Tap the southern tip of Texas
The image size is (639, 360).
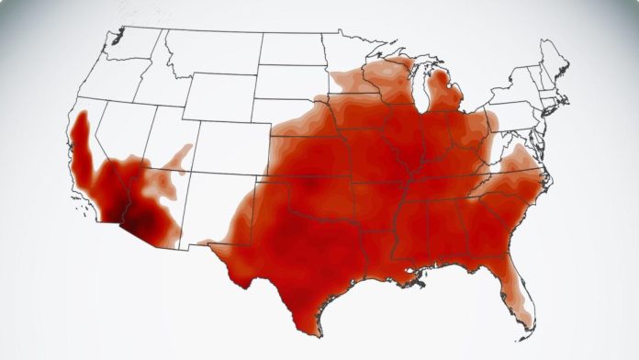[318, 332]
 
